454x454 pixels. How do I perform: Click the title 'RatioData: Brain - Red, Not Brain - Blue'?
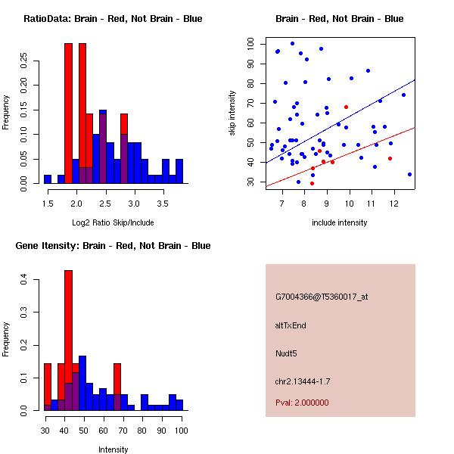pos(113,19)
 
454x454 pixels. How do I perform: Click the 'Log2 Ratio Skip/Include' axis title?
pos(113,222)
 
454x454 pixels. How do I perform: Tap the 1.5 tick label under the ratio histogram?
pos(48,204)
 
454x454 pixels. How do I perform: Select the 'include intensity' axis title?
pos(340,222)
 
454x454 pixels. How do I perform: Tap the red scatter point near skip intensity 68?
pos(346,107)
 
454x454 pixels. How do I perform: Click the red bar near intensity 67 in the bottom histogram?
pos(117,386)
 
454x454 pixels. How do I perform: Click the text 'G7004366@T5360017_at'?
pos(321,297)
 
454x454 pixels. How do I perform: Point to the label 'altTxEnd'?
pos(290,325)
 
